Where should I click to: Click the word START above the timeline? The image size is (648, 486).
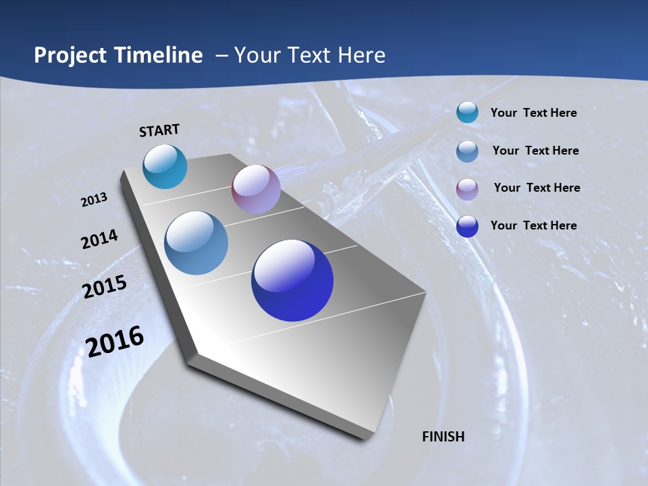(159, 130)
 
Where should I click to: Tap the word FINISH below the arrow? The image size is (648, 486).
(443, 437)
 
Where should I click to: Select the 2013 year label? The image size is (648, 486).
(94, 200)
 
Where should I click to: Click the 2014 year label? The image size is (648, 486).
(99, 240)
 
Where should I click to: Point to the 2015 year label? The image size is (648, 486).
(105, 287)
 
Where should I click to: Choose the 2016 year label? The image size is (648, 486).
(115, 342)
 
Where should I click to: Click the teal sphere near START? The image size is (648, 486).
(165, 167)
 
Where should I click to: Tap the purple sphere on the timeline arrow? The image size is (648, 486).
(256, 189)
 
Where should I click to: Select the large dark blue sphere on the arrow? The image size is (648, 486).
(292, 280)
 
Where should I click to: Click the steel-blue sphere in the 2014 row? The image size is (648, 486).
(196, 243)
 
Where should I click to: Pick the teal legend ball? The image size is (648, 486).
(467, 113)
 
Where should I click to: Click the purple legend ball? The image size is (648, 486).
(467, 189)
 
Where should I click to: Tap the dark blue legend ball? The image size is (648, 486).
(467, 226)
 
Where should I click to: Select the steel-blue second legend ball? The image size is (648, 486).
(467, 151)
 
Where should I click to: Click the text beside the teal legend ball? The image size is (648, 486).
(533, 113)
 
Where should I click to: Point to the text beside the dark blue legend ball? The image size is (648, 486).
(533, 225)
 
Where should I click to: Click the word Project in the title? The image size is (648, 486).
(67, 55)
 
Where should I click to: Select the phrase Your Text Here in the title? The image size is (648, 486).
(310, 55)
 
